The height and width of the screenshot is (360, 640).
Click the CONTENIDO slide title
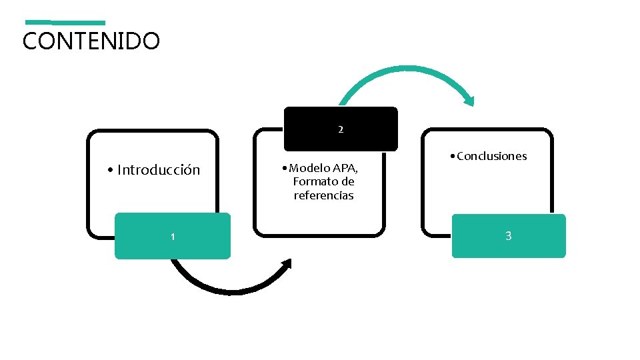(x=91, y=41)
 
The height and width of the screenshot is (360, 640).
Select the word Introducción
(x=159, y=170)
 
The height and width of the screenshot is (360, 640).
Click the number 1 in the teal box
(x=173, y=237)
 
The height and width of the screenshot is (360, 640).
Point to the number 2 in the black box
(x=341, y=129)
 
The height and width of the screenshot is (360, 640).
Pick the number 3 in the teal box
(x=509, y=236)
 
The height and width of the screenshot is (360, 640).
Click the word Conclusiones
(x=493, y=156)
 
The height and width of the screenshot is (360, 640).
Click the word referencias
(x=324, y=195)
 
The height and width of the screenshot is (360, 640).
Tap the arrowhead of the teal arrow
(x=469, y=101)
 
